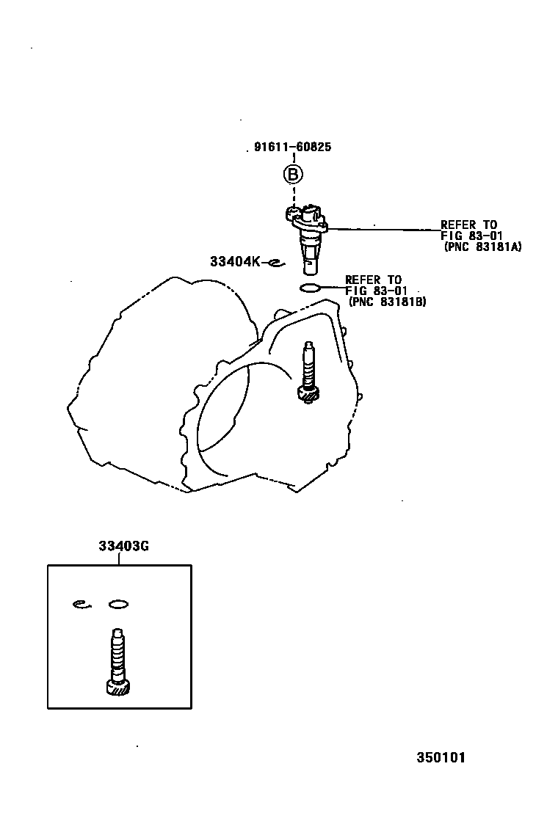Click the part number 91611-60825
point(293,147)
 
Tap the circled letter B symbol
point(293,175)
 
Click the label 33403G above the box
point(120,546)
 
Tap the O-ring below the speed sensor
point(310,287)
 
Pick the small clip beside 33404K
point(275,262)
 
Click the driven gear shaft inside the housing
point(308,371)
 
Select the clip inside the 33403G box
point(81,604)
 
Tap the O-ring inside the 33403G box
point(118,604)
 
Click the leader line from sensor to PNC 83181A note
point(382,230)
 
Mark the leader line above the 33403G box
point(120,558)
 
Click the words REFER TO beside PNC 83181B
point(373,280)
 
